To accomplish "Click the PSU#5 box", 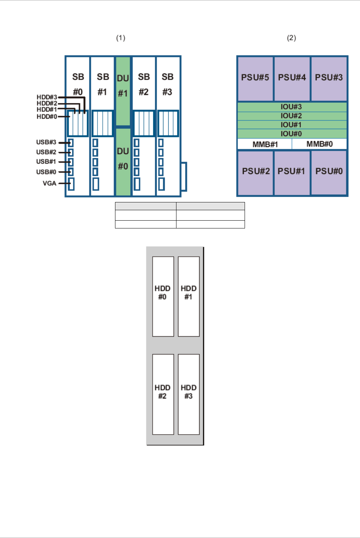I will point(255,78).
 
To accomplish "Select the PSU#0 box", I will point(329,172).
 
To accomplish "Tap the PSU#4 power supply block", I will point(292,78).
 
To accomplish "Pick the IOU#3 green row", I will point(291,107).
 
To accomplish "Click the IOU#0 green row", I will point(291,134).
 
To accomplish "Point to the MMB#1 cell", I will point(265,144).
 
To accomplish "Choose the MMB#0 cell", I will point(319,144).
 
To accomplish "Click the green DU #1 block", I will point(123,91).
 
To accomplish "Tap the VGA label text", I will point(50,183).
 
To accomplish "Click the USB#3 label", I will point(46,142).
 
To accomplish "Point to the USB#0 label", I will point(46,172).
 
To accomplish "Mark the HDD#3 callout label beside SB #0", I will point(47,97).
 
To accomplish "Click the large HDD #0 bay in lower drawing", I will point(163,296).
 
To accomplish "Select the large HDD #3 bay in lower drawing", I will point(188,394).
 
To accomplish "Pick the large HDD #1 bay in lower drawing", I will point(188,296).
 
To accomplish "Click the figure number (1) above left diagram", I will point(121,38).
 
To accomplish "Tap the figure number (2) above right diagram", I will point(291,38).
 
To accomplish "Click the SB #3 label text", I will point(168,84).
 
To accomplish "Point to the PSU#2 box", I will point(256,172).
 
